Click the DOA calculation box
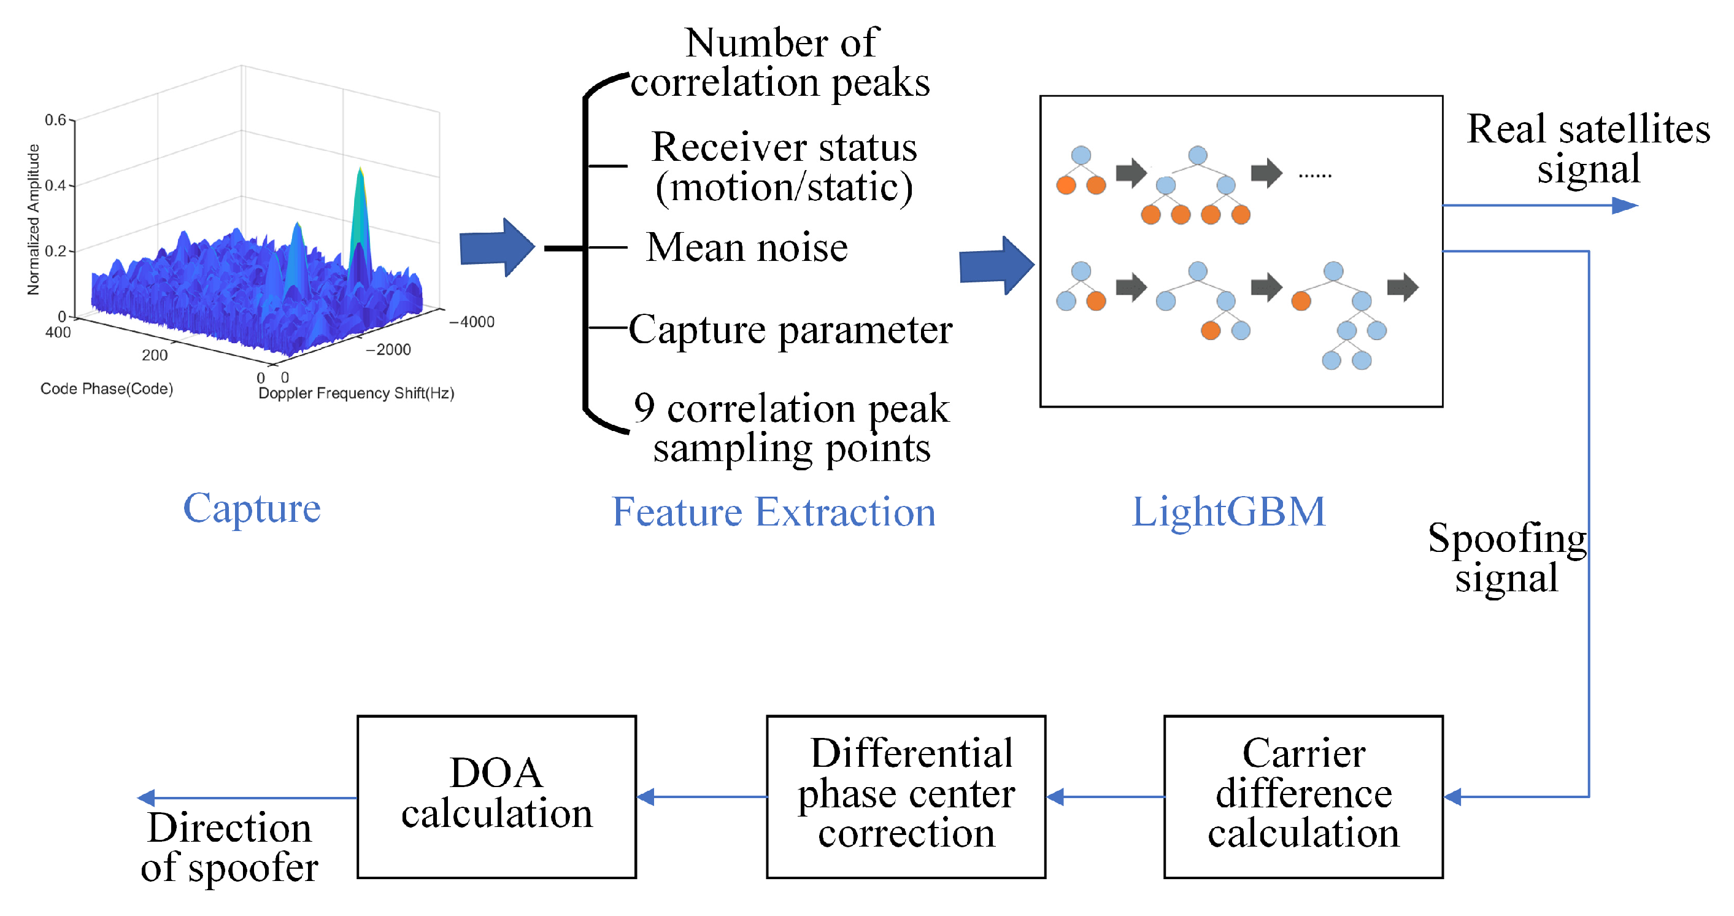[x=496, y=796]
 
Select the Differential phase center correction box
[x=906, y=796]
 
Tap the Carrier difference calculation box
[x=1303, y=796]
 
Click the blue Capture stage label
[x=252, y=508]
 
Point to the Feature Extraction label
[x=774, y=513]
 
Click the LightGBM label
[x=1228, y=512]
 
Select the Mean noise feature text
[x=747, y=247]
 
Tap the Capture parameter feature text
[x=790, y=330]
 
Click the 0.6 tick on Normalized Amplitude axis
[x=55, y=120]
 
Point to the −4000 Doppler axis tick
[x=472, y=322]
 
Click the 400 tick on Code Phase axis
[x=58, y=332]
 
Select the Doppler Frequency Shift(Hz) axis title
[x=356, y=394]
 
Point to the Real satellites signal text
[x=1588, y=148]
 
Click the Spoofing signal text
[x=1506, y=557]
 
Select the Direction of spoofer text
[x=229, y=847]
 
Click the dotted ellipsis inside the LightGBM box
[x=1315, y=176]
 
